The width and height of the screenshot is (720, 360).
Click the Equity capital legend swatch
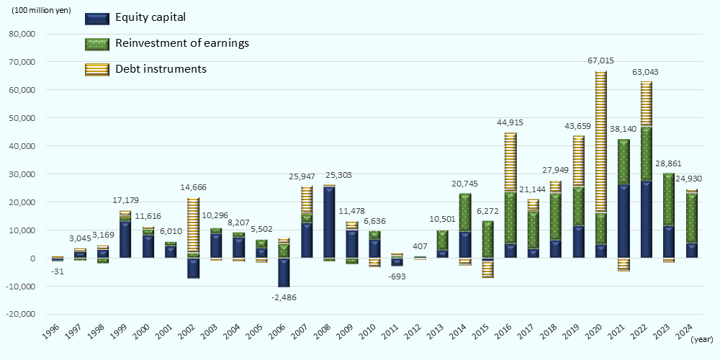97,18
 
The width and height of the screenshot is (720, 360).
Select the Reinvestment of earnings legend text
181,43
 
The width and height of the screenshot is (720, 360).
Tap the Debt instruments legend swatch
97,70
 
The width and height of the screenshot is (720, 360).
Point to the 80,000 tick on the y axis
24,34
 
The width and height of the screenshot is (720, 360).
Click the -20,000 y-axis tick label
22,315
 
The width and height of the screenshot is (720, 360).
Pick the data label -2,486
284,297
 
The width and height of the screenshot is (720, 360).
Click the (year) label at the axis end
701,338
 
